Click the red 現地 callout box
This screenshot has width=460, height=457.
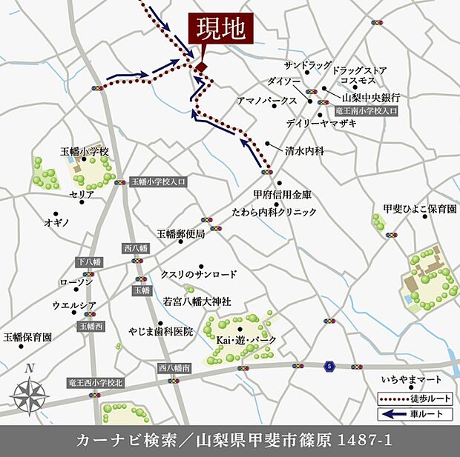pos(220,32)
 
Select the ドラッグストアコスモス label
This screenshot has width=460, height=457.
pos(360,75)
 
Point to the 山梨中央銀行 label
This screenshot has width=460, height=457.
pos(371,97)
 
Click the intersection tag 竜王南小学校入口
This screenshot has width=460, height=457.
pos(367,110)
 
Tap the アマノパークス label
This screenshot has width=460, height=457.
pos(266,99)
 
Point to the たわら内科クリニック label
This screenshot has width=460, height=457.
pos(275,212)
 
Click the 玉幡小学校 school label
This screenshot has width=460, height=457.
pos(85,151)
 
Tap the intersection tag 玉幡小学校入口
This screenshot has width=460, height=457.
pos(159,181)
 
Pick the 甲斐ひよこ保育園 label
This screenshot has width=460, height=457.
pos(419,210)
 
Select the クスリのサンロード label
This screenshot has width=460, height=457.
pos(198,274)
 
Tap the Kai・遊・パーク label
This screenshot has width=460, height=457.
pos(246,339)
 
